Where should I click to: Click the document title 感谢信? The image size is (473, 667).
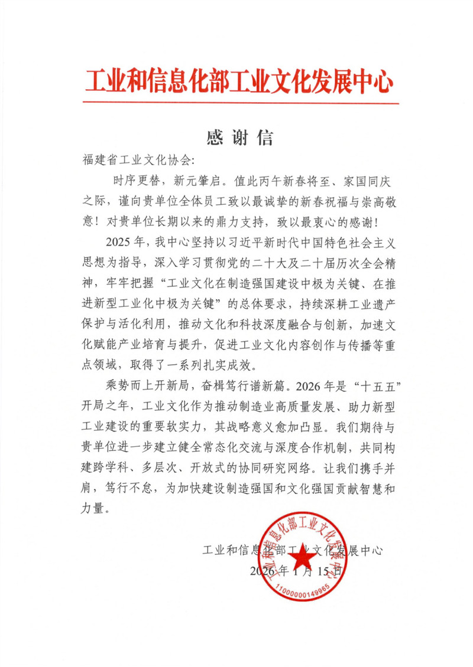click(x=240, y=138)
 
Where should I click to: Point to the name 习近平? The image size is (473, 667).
click(x=241, y=242)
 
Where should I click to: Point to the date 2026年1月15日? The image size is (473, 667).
click(x=295, y=571)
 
